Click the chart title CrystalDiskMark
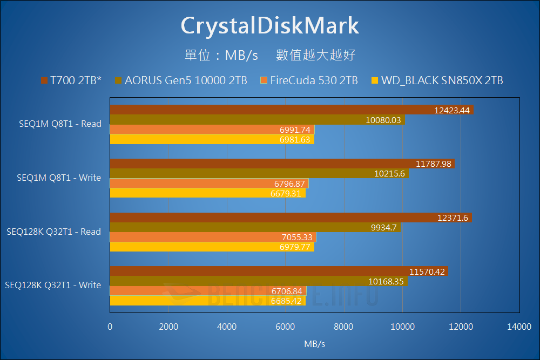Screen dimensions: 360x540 (x=269, y=25)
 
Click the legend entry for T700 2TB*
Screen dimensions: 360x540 (x=71, y=81)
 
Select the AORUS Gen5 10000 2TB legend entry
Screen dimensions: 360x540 (x=181, y=81)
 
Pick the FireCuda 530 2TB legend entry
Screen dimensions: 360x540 (x=309, y=81)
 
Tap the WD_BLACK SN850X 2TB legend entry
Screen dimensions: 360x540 (x=437, y=81)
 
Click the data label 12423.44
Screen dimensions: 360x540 (x=453, y=110)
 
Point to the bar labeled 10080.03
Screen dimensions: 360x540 (x=257, y=120)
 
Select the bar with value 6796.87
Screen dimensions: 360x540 (x=209, y=184)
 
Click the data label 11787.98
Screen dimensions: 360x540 (x=434, y=164)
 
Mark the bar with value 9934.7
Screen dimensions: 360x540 (x=255, y=228)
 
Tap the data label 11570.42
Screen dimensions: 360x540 (x=427, y=272)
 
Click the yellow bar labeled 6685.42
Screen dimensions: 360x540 (x=207, y=301)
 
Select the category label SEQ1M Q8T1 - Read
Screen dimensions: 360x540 (x=59, y=124)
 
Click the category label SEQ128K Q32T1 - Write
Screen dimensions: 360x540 (x=53, y=285)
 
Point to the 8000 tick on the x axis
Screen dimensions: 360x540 (x=343, y=326)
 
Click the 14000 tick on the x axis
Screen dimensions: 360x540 (x=518, y=326)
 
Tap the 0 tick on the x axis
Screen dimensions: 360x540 (x=110, y=326)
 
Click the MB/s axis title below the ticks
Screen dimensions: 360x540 (x=314, y=343)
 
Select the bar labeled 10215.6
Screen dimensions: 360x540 (x=259, y=174)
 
